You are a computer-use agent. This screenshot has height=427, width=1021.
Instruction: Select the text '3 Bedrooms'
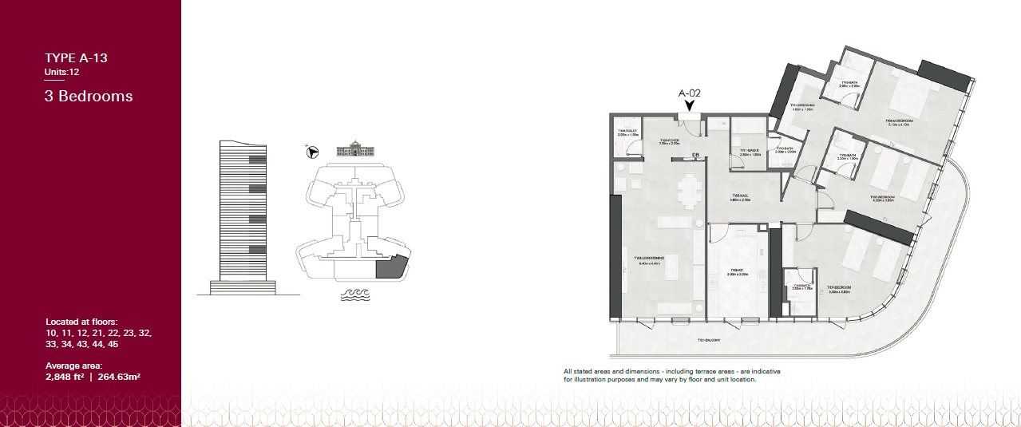[89, 97]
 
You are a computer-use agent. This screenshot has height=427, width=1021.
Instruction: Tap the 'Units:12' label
[61, 72]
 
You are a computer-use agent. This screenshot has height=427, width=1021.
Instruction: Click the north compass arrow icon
[313, 151]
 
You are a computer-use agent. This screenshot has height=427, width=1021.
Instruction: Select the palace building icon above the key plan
[355, 150]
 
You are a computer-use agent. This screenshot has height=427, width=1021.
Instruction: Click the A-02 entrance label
[689, 93]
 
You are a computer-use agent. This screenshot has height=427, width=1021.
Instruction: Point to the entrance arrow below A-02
[689, 105]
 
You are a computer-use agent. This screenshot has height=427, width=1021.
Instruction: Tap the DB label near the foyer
[695, 155]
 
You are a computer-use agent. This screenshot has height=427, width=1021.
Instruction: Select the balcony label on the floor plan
[710, 340]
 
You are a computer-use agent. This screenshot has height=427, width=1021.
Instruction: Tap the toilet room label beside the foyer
[627, 133]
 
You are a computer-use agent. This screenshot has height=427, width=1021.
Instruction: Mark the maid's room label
[748, 152]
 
